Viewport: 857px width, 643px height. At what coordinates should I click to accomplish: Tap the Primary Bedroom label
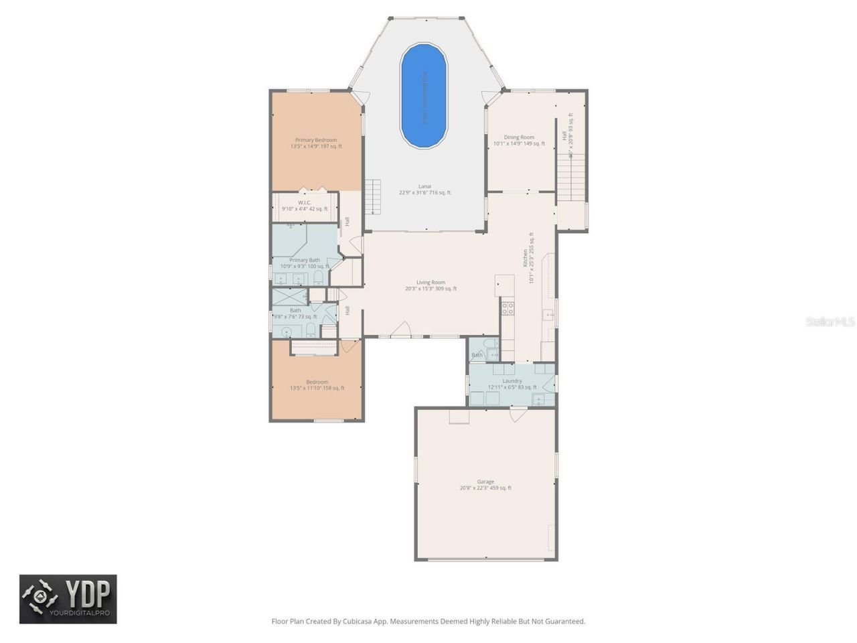click(x=316, y=141)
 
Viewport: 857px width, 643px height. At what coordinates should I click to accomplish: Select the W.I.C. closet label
click(x=305, y=203)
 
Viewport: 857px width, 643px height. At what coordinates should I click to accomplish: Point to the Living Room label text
click(x=431, y=283)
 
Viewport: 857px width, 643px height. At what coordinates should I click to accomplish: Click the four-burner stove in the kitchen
click(x=508, y=308)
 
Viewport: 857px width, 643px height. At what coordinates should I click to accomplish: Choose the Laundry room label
click(x=512, y=381)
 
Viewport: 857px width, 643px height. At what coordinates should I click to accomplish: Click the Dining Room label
click(x=519, y=137)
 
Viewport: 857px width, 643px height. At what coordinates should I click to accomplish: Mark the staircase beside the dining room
click(x=571, y=177)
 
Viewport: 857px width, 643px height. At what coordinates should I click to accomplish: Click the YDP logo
click(x=68, y=599)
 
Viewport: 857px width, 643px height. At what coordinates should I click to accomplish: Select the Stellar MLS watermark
click(x=830, y=322)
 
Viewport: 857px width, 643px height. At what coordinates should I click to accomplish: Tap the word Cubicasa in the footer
click(x=358, y=622)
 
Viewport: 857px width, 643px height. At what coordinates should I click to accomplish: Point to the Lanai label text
click(x=424, y=186)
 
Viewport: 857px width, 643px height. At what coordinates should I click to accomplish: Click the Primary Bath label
click(x=305, y=260)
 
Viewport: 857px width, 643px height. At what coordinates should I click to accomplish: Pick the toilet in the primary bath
click(x=319, y=277)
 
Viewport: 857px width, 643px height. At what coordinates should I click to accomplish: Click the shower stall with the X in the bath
click(x=289, y=297)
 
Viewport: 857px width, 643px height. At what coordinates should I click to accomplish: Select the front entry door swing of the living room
click(x=401, y=329)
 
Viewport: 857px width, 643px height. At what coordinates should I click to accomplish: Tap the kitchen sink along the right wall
click(x=548, y=314)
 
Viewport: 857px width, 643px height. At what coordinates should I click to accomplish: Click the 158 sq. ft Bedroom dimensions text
click(x=317, y=388)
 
